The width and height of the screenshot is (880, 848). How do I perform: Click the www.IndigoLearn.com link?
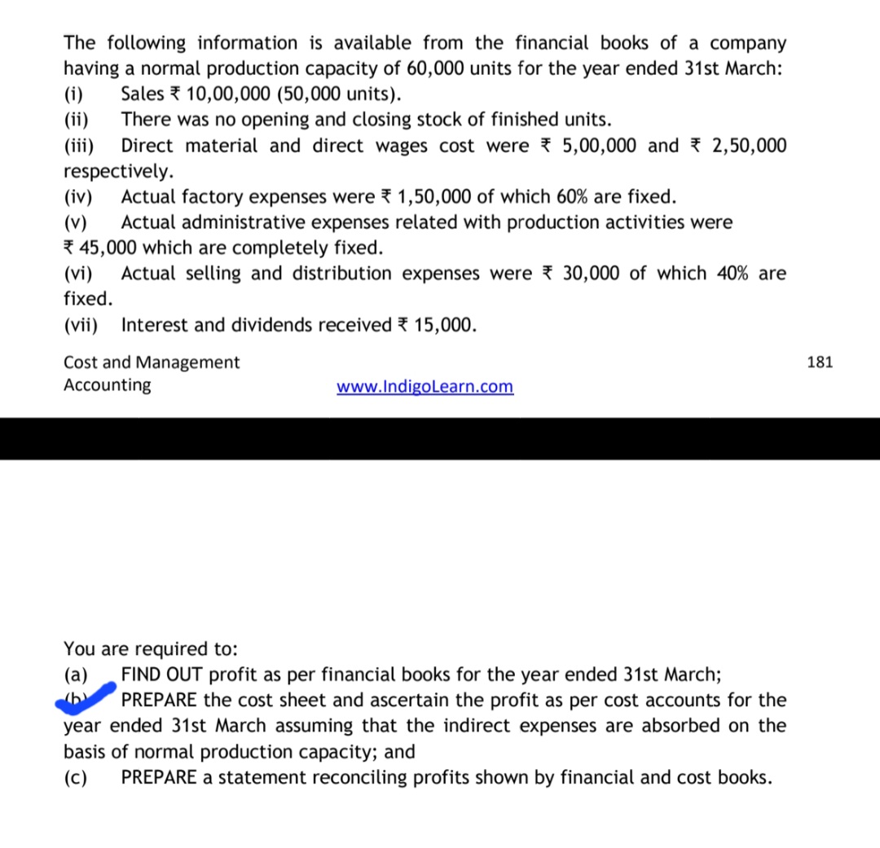(425, 385)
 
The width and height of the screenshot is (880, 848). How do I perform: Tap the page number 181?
(820, 362)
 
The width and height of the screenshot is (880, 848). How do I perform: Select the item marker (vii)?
(81, 325)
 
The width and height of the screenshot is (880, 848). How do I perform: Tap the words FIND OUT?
(162, 674)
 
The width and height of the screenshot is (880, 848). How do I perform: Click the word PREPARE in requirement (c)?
(159, 776)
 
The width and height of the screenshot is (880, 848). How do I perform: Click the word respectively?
(118, 171)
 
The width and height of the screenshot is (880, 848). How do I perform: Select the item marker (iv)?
(78, 196)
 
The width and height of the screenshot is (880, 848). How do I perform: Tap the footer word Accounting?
(108, 384)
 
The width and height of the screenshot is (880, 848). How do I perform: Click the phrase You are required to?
(151, 648)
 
